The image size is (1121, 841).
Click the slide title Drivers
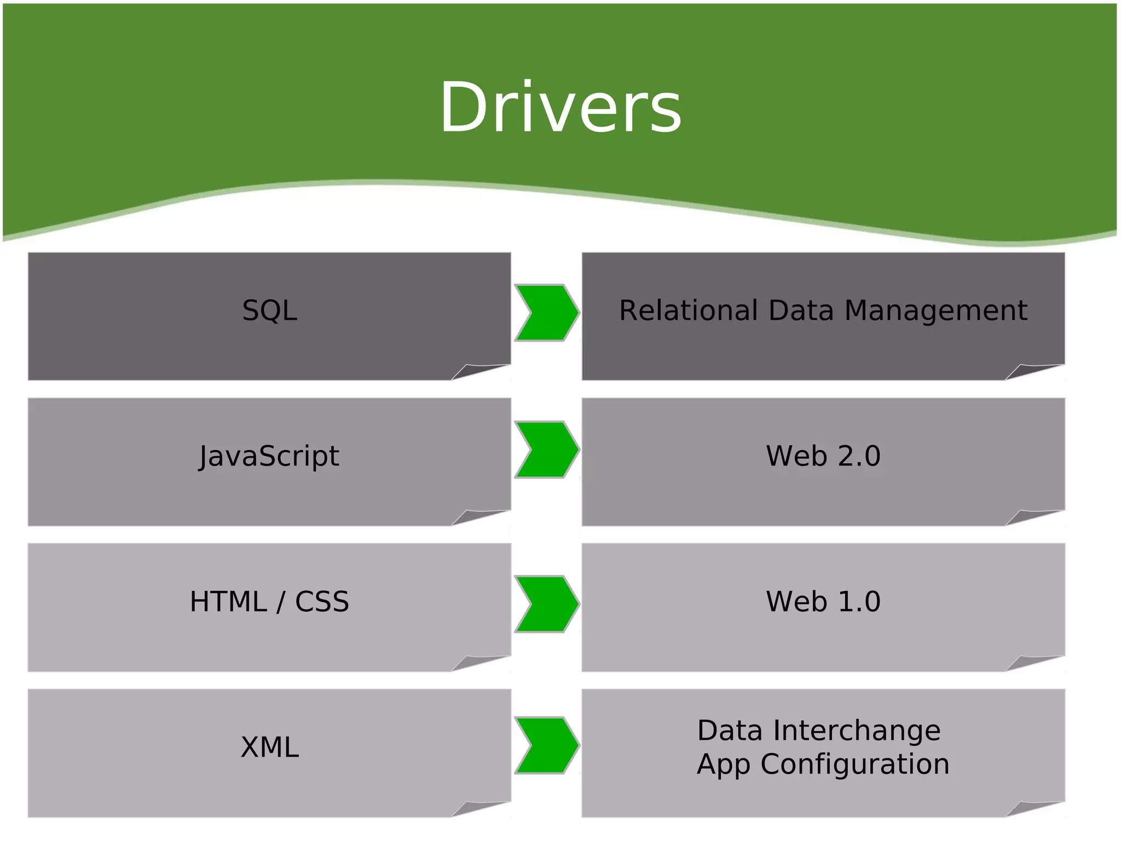(x=560, y=107)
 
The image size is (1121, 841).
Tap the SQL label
(x=269, y=311)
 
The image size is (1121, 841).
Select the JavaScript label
(x=269, y=456)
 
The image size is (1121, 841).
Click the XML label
(x=269, y=747)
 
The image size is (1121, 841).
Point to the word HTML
(x=228, y=602)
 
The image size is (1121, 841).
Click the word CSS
(x=322, y=602)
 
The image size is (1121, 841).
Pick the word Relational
(x=688, y=311)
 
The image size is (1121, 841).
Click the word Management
(x=935, y=311)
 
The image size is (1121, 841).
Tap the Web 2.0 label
(x=823, y=456)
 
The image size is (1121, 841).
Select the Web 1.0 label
(x=823, y=602)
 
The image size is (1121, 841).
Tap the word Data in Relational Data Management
(x=801, y=311)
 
